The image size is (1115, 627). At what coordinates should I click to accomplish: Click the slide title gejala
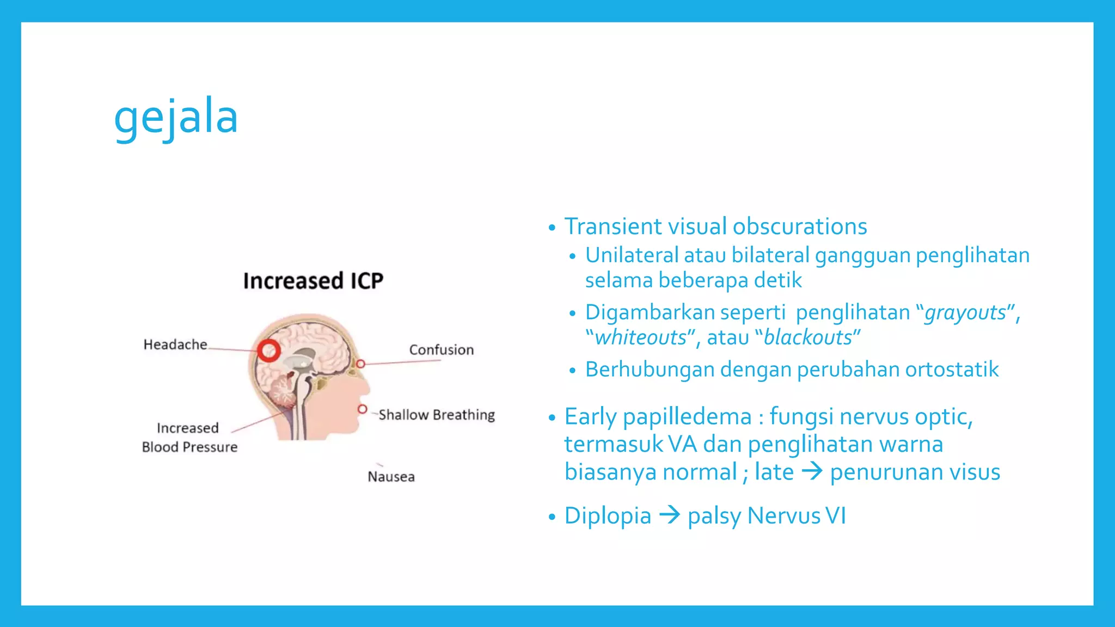(x=176, y=118)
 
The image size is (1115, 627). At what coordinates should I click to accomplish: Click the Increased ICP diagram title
(x=313, y=281)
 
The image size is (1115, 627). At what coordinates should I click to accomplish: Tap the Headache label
(x=175, y=345)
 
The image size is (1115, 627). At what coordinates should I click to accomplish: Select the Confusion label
(x=441, y=350)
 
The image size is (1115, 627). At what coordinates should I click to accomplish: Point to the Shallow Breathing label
(x=437, y=415)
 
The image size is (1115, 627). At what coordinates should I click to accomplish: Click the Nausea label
(x=391, y=477)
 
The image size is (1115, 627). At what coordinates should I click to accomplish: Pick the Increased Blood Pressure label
(x=189, y=438)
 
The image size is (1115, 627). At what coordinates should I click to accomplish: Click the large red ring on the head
(x=268, y=351)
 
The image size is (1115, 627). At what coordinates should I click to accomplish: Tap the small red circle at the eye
(x=360, y=364)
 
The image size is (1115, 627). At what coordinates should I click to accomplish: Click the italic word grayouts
(x=965, y=313)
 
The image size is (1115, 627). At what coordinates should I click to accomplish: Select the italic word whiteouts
(x=640, y=338)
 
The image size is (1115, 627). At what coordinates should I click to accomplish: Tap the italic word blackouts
(x=807, y=338)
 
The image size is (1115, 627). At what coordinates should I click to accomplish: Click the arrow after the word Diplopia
(x=670, y=515)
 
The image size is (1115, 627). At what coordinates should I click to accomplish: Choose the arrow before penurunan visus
(x=812, y=471)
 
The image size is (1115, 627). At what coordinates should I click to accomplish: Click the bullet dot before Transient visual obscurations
(x=552, y=228)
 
